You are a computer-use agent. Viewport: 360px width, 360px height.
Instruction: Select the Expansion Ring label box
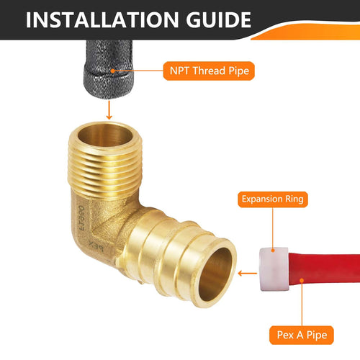click(x=274, y=199)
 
